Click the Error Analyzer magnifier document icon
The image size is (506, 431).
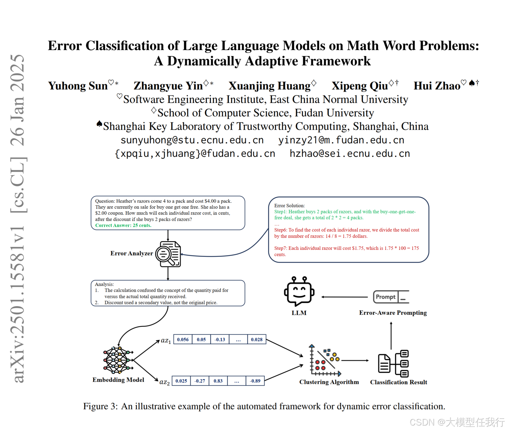pyautogui.click(x=168, y=254)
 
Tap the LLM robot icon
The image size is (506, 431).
pyautogui.click(x=299, y=291)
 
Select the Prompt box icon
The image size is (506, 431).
pyautogui.click(x=391, y=297)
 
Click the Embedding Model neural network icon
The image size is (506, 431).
pyautogui.click(x=118, y=360)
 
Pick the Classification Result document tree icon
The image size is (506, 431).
pyautogui.click(x=393, y=363)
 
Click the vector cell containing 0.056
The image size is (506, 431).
pyautogui.click(x=183, y=339)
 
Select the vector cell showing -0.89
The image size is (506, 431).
pyautogui.click(x=255, y=381)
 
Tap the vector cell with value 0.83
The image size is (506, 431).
pyautogui.click(x=218, y=381)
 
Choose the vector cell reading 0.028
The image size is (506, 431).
pyautogui.click(x=257, y=339)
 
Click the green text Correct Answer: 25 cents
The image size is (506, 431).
pyautogui.click(x=123, y=225)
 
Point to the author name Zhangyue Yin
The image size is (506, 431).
pyautogui.click(x=168, y=86)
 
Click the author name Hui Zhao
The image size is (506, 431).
pyautogui.click(x=437, y=86)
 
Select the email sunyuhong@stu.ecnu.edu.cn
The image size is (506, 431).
pyautogui.click(x=192, y=140)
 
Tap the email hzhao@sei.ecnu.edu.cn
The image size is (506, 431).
pyautogui.click(x=350, y=154)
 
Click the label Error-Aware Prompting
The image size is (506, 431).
pyautogui.click(x=393, y=313)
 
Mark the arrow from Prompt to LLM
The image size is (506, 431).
pyautogui.click(x=345, y=297)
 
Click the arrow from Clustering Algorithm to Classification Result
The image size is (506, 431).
pyautogui.click(x=355, y=360)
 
